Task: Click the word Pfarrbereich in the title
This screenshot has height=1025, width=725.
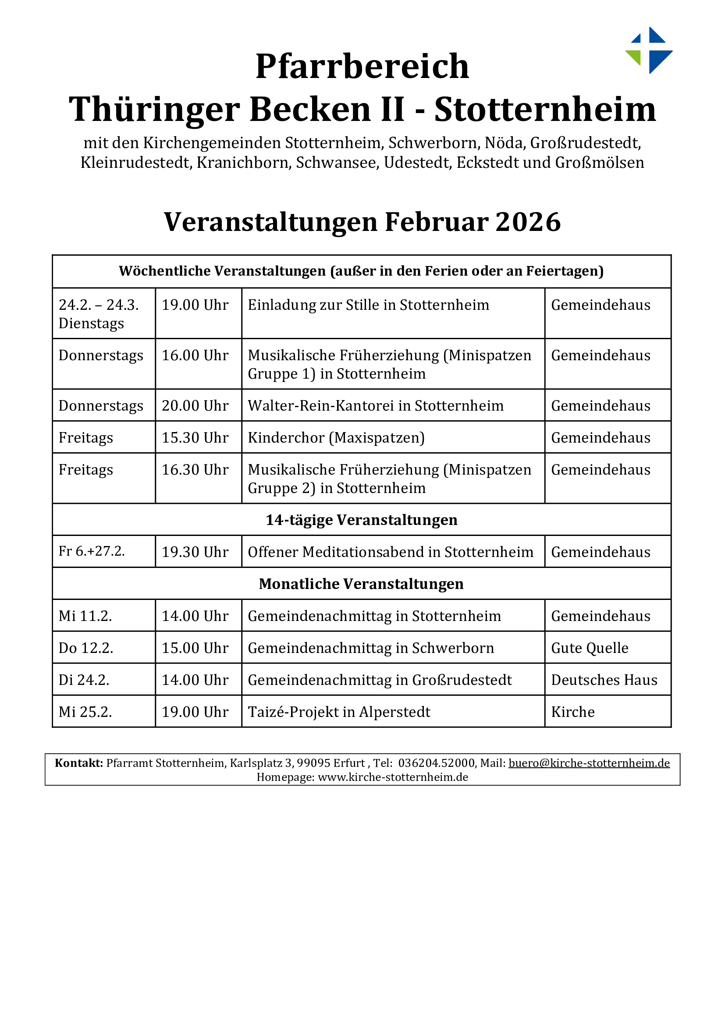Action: point(362,66)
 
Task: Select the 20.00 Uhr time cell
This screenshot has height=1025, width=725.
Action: point(195,405)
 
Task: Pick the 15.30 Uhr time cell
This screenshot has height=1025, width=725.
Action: point(195,437)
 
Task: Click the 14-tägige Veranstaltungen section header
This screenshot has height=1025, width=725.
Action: point(362,520)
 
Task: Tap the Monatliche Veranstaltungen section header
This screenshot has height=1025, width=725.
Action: point(362,583)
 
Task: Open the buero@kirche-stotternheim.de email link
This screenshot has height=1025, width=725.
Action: point(589,763)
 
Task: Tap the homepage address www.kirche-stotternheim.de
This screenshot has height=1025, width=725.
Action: point(393,777)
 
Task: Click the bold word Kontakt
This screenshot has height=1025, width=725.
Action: point(78,763)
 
